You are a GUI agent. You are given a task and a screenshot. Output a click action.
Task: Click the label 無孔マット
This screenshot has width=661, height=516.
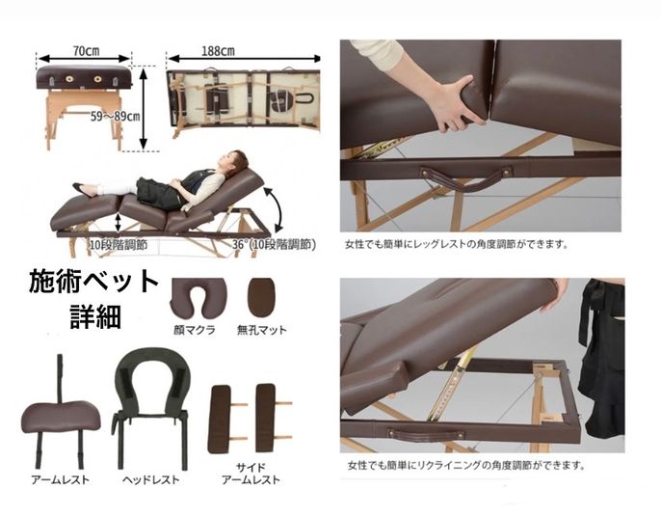261,328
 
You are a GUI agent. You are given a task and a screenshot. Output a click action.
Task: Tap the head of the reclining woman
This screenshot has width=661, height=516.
235,160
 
